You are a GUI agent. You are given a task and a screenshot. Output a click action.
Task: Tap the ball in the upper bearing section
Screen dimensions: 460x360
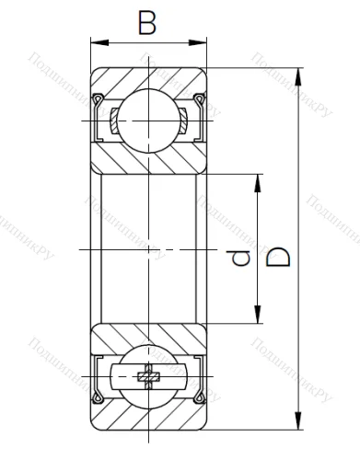pyautogui.click(x=147, y=120)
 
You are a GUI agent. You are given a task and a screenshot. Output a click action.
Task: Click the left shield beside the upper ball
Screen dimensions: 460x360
pyautogui.click(x=96, y=120)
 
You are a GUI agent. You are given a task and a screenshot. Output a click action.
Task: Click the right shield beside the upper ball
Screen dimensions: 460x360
pyautogui.click(x=199, y=120)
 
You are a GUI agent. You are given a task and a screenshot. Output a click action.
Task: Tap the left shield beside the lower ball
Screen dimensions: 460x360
pyautogui.click(x=96, y=377)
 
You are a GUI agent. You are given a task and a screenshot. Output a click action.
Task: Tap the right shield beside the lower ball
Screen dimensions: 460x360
pyautogui.click(x=199, y=377)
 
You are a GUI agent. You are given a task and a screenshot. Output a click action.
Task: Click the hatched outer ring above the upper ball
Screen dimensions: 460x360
pyautogui.click(x=147, y=81)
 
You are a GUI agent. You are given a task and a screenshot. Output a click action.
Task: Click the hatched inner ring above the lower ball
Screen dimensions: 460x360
pyautogui.click(x=147, y=337)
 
